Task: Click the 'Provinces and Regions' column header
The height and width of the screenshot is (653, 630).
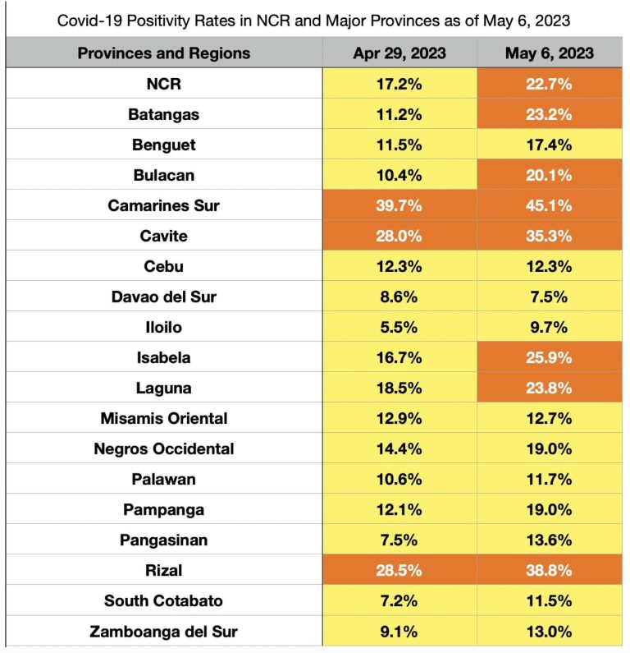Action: tap(164, 53)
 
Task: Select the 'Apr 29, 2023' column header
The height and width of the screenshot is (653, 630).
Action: tap(399, 53)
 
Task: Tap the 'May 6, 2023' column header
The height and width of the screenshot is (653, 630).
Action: tap(550, 53)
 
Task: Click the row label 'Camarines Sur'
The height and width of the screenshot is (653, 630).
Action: tap(164, 205)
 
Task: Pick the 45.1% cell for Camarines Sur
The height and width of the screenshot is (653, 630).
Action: tap(550, 205)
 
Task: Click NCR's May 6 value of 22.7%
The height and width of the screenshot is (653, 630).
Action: tap(550, 84)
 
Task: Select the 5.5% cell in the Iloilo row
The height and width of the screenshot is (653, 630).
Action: tap(399, 327)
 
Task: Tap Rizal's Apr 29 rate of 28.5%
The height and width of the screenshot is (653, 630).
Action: tap(399, 570)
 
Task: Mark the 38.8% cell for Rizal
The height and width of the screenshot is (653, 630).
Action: tap(550, 570)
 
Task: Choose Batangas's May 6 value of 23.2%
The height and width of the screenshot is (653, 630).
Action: tap(550, 114)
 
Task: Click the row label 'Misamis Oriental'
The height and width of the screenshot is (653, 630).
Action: tap(164, 418)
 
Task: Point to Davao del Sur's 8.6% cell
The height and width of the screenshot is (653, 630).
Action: tap(399, 297)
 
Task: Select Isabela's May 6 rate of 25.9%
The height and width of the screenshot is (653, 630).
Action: tap(550, 357)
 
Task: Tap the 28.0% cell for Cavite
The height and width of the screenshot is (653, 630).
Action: tap(399, 236)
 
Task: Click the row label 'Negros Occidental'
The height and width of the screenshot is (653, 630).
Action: tap(164, 448)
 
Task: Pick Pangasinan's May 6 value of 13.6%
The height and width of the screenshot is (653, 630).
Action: tap(550, 540)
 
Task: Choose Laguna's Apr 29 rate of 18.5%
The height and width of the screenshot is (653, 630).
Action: tap(399, 388)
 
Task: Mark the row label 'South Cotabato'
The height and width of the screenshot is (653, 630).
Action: tap(164, 600)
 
